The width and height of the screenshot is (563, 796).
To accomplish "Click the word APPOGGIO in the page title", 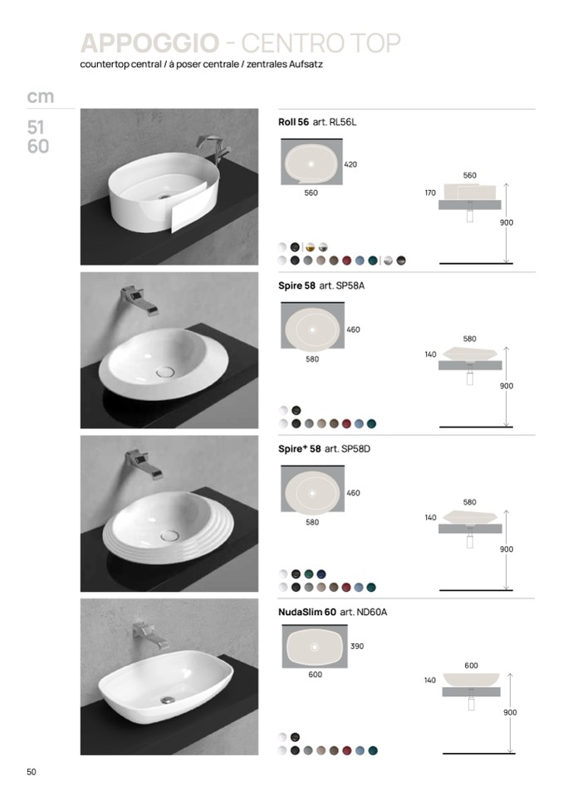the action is tap(149, 43).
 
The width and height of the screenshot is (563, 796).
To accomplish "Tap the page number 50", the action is tap(32, 772).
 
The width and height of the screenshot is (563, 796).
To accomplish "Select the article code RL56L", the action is tap(343, 122).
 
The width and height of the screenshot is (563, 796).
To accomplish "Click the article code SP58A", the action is tap(350, 286).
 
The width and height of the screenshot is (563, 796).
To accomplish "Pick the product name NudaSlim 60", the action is tap(307, 612).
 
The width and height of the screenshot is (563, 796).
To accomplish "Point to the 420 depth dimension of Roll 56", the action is tap(350, 164).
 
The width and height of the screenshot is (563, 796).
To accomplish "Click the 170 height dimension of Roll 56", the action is tap(430, 193).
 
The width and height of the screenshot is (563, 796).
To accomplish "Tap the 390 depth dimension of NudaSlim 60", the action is tap(357, 647).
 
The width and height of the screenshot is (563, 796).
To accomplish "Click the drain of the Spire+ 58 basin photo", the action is tap(169, 535).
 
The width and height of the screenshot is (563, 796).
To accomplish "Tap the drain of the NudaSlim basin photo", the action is tap(168, 700).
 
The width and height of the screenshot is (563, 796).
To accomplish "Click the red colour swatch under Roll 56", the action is tap(347, 261).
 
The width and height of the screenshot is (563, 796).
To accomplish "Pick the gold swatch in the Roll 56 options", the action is tap(311, 247).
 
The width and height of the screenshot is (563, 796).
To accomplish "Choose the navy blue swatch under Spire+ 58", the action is tap(321, 574).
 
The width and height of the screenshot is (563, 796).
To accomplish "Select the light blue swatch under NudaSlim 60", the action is tap(360, 750).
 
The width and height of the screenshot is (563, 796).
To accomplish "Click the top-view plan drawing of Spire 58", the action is tap(312, 325).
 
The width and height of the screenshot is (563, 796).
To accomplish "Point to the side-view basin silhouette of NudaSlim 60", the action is tap(471, 679).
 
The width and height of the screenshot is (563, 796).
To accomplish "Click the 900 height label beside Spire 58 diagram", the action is tap(507, 386).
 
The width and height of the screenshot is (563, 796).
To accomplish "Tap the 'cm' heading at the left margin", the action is tap(40, 96).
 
